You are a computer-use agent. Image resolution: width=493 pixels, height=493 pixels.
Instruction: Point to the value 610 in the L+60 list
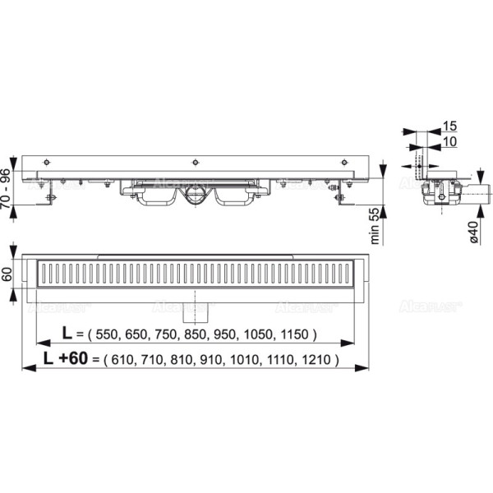[x=122, y=359]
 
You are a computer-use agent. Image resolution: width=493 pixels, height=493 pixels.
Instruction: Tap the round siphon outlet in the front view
[x=195, y=195]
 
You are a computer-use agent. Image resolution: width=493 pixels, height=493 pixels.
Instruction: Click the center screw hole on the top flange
[x=195, y=161]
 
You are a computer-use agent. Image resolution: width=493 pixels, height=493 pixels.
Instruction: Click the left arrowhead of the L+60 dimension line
[x=25, y=368]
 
